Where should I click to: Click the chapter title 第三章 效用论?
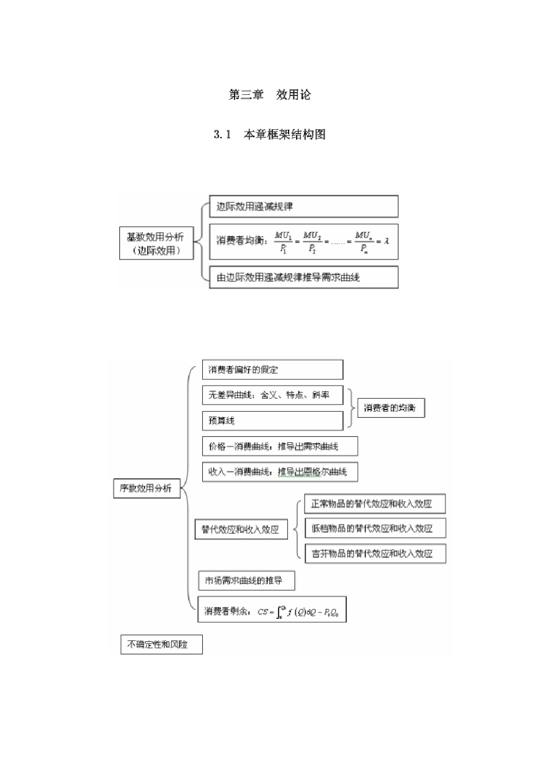269,95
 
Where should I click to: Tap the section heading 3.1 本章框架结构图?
269,135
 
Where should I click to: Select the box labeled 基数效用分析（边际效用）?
156,243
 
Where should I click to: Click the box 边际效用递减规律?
303,207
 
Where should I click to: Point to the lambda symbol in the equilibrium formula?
387,240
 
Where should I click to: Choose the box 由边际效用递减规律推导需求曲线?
303,277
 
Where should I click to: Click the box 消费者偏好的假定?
272,370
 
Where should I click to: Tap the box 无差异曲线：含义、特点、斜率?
272,395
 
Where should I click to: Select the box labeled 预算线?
272,420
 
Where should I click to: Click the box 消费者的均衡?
390,408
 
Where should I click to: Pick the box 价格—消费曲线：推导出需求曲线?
280,447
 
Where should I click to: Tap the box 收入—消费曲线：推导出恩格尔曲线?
280,472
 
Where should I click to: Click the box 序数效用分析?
146,488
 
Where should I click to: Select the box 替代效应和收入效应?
241,529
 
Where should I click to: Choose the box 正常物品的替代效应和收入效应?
374,504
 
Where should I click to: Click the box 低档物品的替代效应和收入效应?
374,528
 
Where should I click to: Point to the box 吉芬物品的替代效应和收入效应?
374,553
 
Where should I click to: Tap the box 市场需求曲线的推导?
247,581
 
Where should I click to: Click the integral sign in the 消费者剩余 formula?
280,611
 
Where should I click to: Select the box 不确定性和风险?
161,644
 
